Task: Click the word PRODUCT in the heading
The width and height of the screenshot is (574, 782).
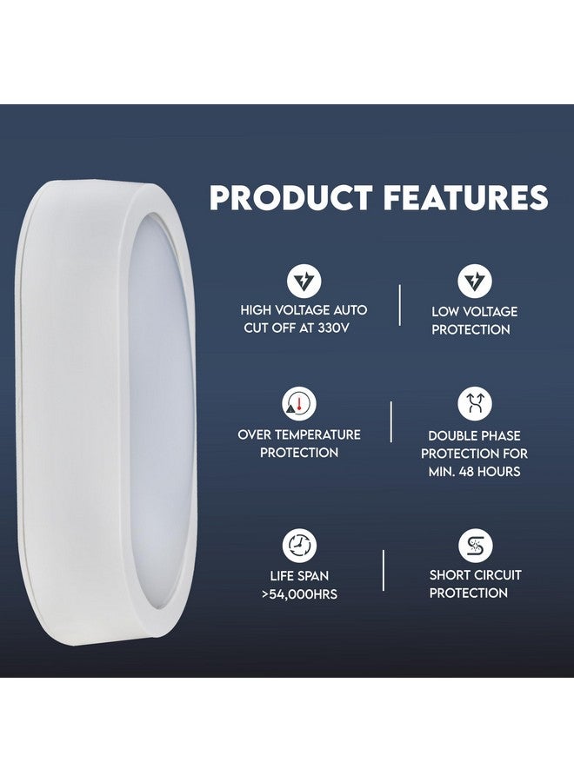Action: (x=290, y=198)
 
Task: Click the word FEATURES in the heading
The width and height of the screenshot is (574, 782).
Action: (x=463, y=198)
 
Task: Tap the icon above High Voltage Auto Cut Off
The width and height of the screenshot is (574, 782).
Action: (x=304, y=281)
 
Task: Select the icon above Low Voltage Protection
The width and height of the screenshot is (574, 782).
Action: (x=475, y=281)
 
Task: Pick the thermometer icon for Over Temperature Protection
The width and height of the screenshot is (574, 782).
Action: (x=299, y=404)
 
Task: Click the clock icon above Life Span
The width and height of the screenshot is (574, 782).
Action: (x=299, y=546)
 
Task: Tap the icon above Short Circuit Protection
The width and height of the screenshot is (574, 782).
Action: (x=475, y=546)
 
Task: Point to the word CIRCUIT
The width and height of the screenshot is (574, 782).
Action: (x=498, y=575)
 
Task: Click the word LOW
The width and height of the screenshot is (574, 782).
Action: (x=447, y=311)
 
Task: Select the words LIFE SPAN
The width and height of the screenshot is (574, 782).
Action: (x=299, y=575)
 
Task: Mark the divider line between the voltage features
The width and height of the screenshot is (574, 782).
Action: (x=399, y=304)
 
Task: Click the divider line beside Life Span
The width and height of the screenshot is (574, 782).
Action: (x=384, y=570)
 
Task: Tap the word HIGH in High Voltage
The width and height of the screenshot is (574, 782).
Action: (x=257, y=310)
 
